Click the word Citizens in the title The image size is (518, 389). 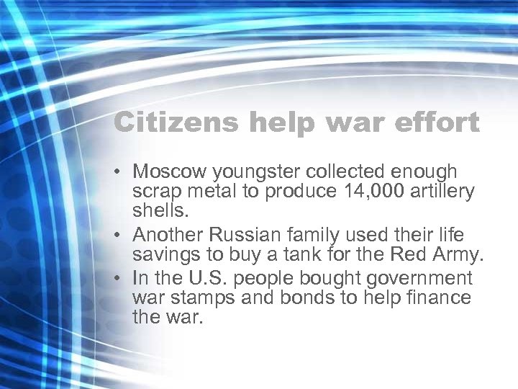click(175, 122)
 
